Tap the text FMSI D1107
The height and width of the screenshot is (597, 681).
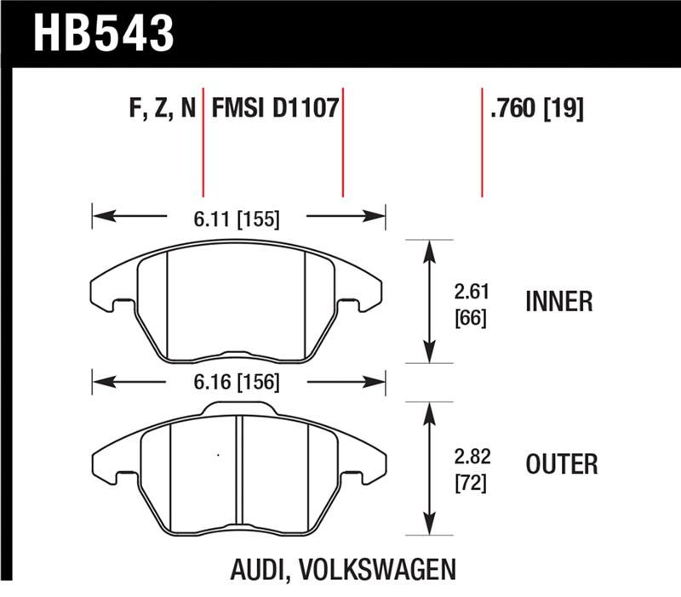coord(276,109)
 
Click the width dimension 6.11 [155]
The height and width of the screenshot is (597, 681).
coord(237,219)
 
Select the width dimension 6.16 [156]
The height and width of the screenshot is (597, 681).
coord(237,382)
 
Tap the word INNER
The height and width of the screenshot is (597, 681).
coord(559,302)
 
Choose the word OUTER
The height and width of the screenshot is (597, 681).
coord(561,464)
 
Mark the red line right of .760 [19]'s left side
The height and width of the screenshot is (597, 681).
coord(483,140)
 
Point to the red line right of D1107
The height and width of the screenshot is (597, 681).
coord(342,140)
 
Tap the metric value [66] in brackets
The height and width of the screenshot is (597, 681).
coord(471,322)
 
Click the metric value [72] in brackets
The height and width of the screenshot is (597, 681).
coord(471,486)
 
